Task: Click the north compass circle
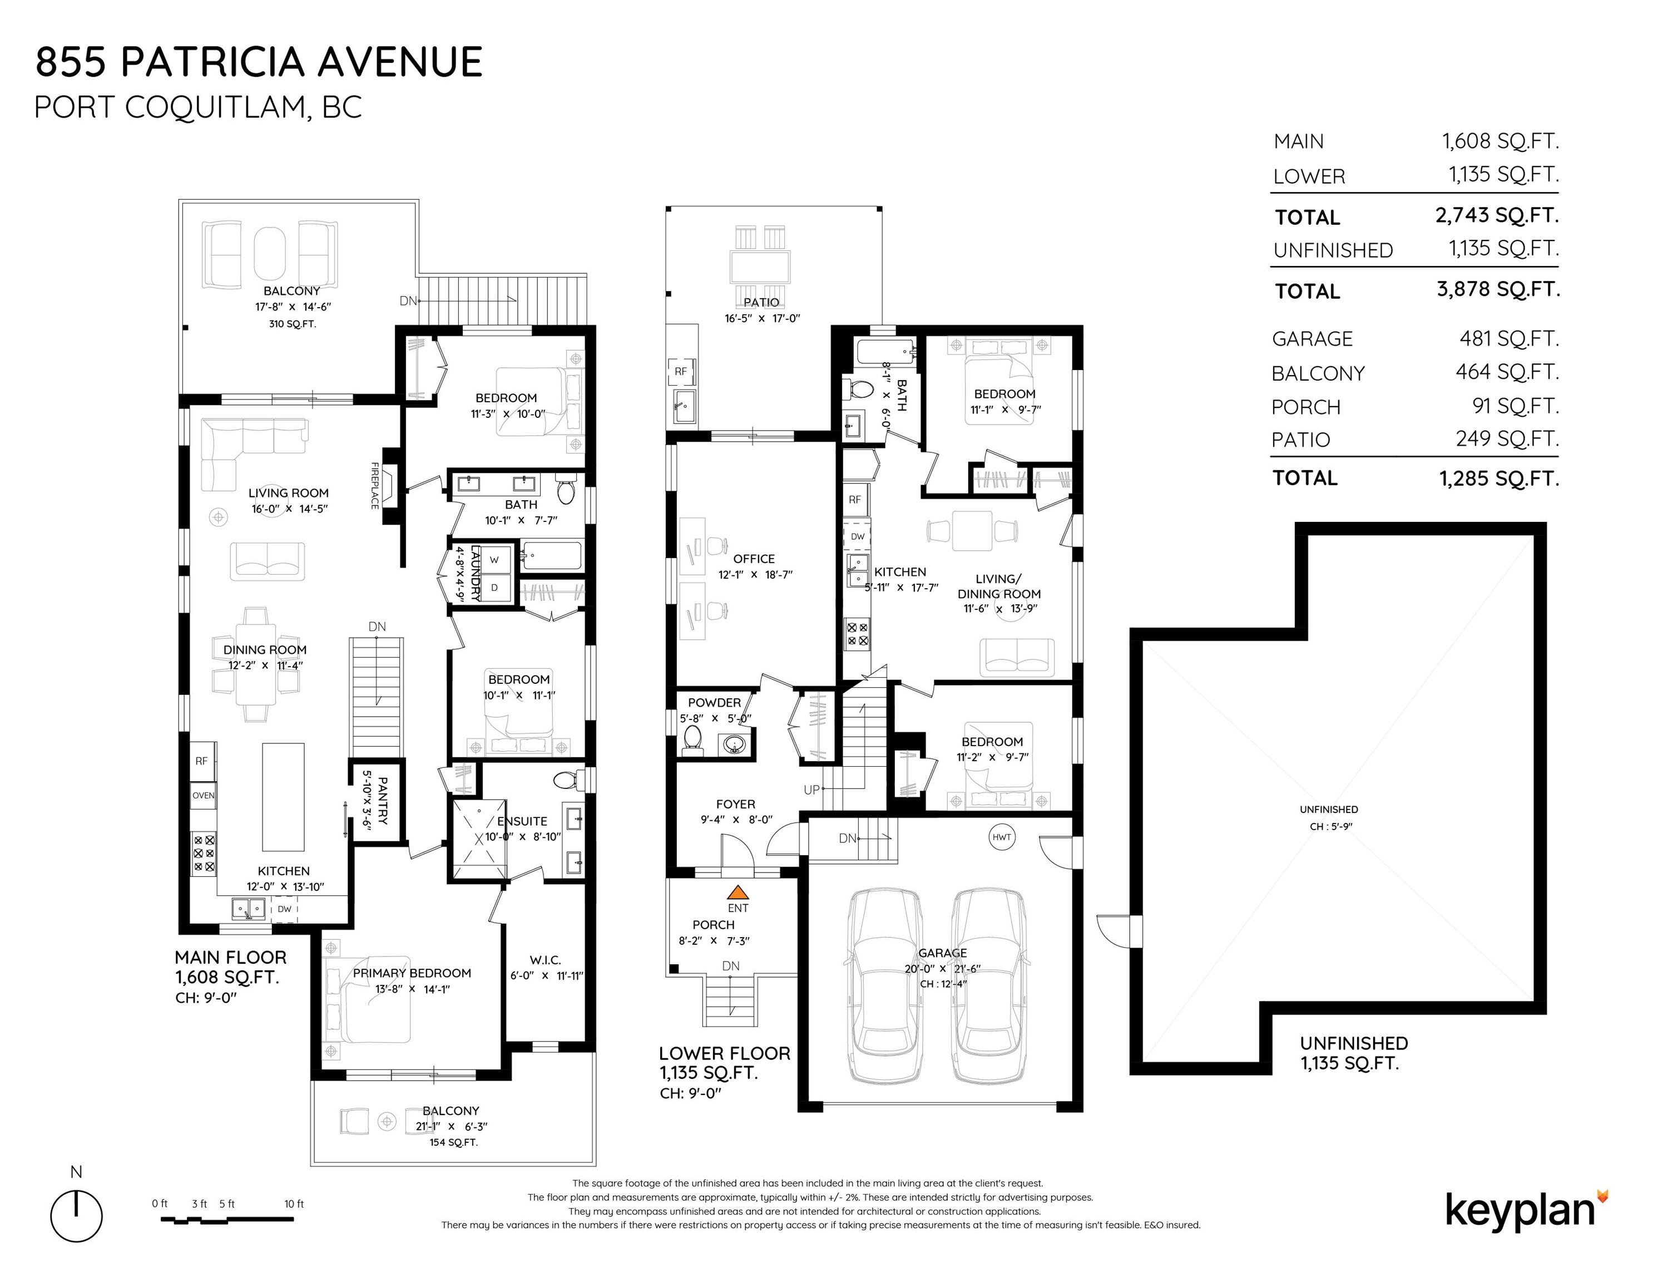[77, 1217]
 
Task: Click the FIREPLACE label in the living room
[375, 486]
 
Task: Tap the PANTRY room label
[382, 801]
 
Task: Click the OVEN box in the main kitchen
[204, 795]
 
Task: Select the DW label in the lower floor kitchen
[858, 536]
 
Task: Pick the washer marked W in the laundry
[494, 560]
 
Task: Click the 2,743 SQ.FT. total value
[1497, 216]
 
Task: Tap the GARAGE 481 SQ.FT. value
[1509, 339]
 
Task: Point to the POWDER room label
[714, 703]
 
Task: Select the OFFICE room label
[754, 559]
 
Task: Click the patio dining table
[760, 267]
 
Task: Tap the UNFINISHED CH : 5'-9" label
[1329, 818]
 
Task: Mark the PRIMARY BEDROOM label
[412, 973]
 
